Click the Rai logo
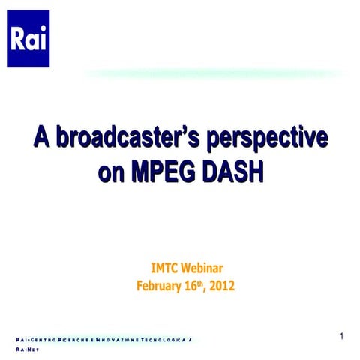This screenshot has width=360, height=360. point(28,38)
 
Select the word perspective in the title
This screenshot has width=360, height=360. point(271,139)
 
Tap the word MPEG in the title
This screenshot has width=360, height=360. point(162,172)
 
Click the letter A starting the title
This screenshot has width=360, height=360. point(41,139)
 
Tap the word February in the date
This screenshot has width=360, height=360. point(159,285)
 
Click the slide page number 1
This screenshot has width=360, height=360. point(341,336)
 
